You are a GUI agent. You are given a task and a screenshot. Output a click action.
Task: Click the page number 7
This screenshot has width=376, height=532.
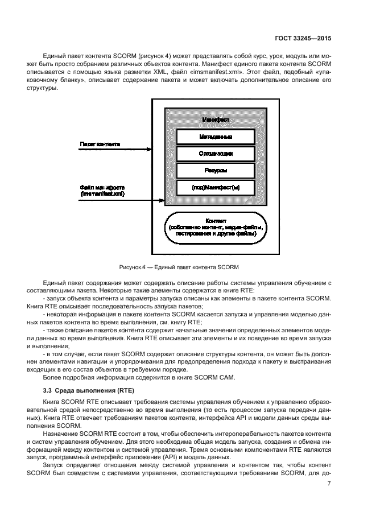tap(329, 484)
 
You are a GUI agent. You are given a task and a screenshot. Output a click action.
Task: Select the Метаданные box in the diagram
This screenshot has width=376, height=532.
tap(214, 137)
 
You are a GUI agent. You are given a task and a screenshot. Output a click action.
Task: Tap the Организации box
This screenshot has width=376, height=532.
tap(214, 154)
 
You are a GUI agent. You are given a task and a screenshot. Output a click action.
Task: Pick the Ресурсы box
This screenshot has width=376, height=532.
tap(214, 170)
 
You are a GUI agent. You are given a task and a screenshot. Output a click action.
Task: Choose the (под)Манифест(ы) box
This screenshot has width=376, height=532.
tap(214, 187)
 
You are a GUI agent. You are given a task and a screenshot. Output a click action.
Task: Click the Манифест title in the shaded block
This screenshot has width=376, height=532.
tap(215, 120)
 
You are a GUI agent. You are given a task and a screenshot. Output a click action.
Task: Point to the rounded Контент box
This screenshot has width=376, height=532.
tap(215, 227)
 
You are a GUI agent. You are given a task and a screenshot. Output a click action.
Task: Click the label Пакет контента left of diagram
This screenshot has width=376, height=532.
tap(100, 145)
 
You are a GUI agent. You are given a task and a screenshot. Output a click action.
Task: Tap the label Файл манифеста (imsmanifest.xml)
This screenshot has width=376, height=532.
tap(102, 191)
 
